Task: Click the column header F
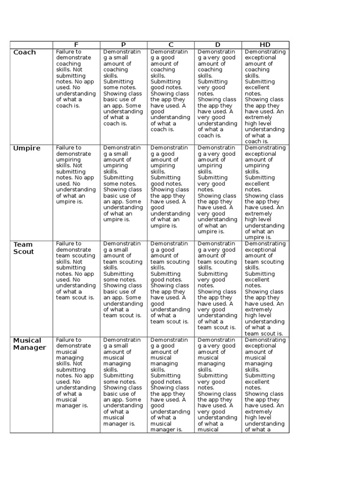(x=76, y=45)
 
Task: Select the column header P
(x=123, y=45)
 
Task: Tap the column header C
(x=171, y=45)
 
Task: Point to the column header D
(x=218, y=45)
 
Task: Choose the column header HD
(x=265, y=45)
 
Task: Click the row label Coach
(x=24, y=52)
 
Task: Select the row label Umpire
(x=27, y=149)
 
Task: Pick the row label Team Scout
(x=23, y=248)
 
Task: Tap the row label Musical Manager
(x=30, y=344)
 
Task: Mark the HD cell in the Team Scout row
(x=265, y=289)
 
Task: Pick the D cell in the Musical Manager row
(x=218, y=385)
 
